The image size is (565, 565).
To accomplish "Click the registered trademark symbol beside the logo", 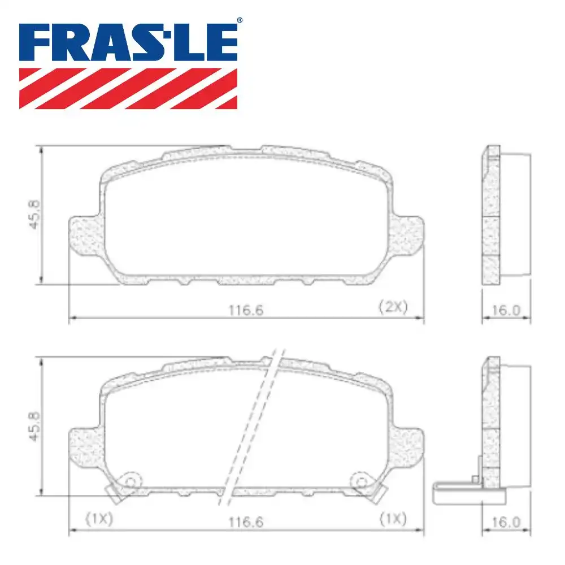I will click(240, 20).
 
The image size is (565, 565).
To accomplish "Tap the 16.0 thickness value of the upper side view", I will click(506, 310).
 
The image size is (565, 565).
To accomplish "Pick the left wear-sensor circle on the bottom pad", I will click(131, 481).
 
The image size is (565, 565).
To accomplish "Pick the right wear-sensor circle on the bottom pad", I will click(360, 481).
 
